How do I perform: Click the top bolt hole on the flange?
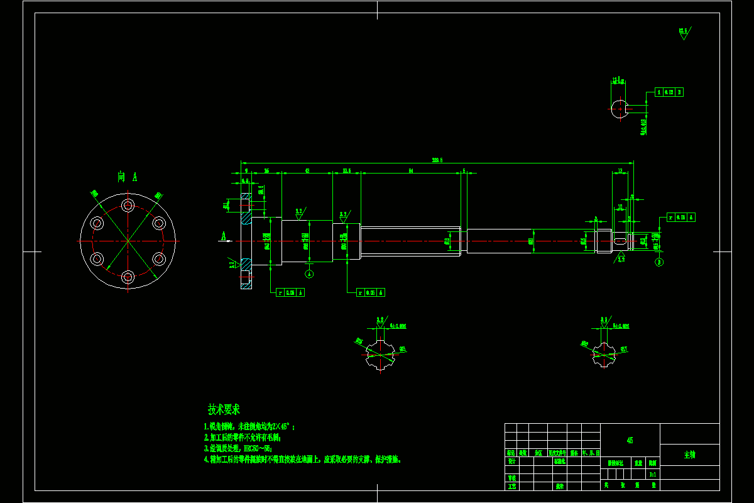click(x=128, y=205)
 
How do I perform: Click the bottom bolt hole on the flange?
click(x=128, y=276)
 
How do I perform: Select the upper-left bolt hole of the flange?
click(x=97, y=223)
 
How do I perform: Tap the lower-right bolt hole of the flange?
click(x=159, y=258)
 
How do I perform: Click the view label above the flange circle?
click(x=128, y=177)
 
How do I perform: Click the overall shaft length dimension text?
click(x=437, y=160)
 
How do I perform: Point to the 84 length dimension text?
click(x=410, y=170)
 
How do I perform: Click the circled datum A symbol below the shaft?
click(x=309, y=274)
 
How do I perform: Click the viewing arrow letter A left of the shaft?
click(x=222, y=236)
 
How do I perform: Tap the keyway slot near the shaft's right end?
click(x=620, y=241)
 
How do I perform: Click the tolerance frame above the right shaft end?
click(x=681, y=218)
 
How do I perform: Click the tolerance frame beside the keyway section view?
click(x=669, y=92)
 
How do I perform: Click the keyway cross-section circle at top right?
click(x=620, y=108)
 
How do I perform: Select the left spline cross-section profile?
click(x=380, y=354)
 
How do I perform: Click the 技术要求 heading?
click(x=224, y=409)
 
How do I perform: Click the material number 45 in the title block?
click(x=630, y=440)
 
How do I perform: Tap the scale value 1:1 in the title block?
click(x=653, y=475)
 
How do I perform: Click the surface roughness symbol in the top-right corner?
click(x=684, y=33)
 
